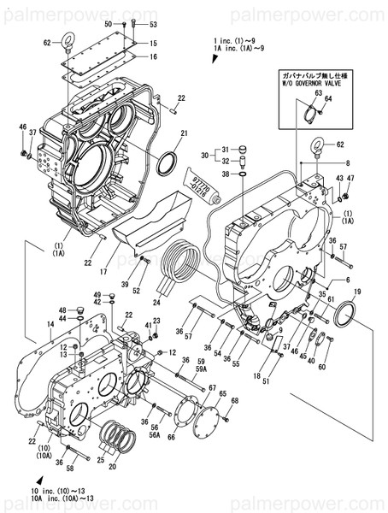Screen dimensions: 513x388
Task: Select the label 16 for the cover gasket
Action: (154, 56)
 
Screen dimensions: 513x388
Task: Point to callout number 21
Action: (184, 133)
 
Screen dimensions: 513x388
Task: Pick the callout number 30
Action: (205, 156)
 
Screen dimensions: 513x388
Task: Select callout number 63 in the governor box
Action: (318, 93)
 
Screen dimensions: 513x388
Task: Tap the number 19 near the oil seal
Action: (357, 292)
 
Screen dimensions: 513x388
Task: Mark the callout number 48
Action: (62, 310)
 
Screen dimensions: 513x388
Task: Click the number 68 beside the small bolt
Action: (235, 400)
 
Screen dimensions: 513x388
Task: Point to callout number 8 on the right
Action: (347, 162)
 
